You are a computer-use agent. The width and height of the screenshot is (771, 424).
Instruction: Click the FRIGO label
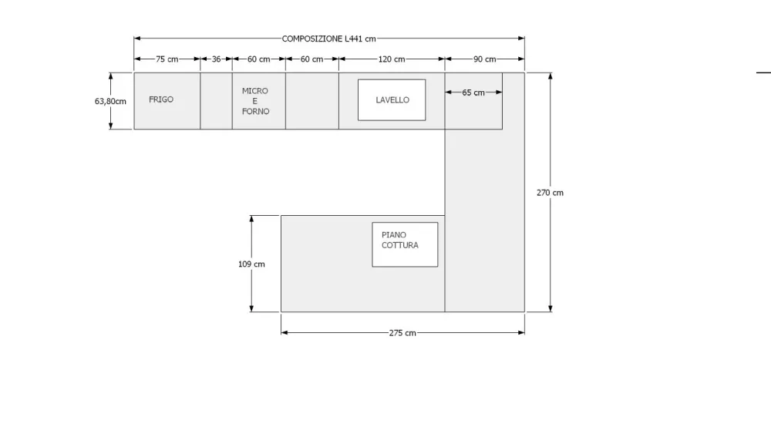click(161, 99)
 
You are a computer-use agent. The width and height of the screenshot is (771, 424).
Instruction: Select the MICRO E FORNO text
click(255, 101)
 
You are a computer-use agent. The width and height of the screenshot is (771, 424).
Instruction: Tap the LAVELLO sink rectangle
click(392, 100)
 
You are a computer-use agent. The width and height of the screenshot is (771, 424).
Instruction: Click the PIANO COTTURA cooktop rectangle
click(405, 244)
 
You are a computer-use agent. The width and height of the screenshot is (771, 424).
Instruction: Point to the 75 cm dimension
click(167, 59)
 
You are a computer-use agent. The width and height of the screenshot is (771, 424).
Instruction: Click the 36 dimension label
click(216, 59)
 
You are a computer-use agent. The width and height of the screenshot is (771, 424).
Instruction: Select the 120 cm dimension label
click(392, 59)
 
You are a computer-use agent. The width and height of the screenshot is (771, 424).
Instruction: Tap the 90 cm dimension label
click(484, 59)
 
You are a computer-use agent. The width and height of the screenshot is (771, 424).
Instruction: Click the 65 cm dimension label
click(473, 93)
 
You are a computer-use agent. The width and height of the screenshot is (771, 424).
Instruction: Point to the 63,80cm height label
click(110, 100)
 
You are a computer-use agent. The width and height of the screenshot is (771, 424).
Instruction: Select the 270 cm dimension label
click(550, 193)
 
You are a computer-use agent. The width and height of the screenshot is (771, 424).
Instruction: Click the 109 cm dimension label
click(251, 264)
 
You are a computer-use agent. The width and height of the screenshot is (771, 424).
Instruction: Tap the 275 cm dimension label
click(402, 333)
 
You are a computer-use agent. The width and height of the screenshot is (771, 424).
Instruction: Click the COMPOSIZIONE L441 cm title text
click(329, 39)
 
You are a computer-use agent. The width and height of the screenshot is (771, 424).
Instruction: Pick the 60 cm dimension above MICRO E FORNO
click(258, 59)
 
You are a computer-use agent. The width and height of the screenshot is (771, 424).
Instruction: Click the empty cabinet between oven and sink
click(311, 101)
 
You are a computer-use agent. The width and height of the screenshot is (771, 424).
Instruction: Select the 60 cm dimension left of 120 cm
click(311, 59)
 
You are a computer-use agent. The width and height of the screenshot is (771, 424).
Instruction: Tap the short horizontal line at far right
click(763, 72)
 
